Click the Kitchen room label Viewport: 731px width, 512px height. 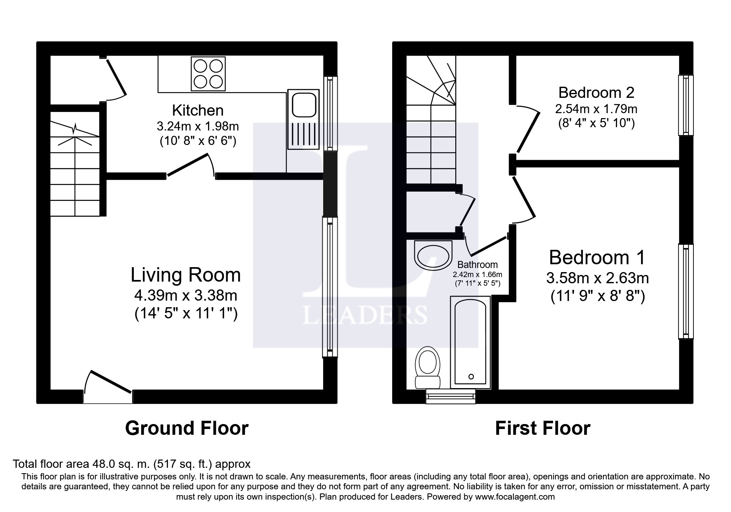coord(198,110)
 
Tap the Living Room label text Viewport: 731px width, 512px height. coord(186,275)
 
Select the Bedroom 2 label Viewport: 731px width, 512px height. coord(596,92)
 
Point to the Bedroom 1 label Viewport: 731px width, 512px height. coord(597,258)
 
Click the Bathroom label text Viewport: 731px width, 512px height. coord(478,265)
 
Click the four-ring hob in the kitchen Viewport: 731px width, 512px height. coord(208,74)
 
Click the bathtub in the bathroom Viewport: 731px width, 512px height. coord(471,342)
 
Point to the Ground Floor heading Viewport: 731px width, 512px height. coord(187,428)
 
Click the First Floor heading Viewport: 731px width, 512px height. coord(542,428)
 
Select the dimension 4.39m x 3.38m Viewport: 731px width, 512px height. coord(186,295)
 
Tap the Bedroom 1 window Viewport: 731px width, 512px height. coord(686,292)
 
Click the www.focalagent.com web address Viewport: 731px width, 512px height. coord(515,497)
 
